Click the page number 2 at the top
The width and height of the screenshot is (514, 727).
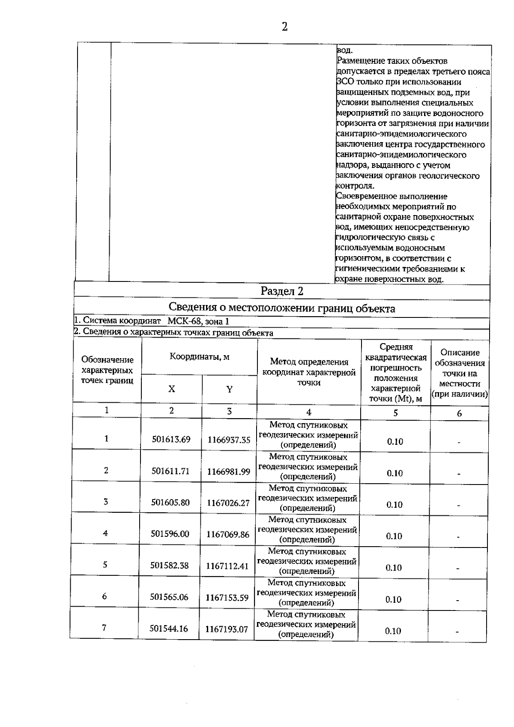tap(284, 27)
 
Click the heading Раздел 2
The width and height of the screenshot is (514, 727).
tap(282, 291)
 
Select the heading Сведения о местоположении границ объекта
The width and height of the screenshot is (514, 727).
tap(282, 308)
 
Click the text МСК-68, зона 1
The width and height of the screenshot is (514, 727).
tap(198, 321)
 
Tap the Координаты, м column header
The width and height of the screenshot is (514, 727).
tap(200, 357)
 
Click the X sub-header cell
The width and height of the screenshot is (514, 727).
tap(172, 389)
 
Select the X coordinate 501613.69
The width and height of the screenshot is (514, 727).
tap(171, 440)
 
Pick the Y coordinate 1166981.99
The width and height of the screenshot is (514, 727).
tap(229, 472)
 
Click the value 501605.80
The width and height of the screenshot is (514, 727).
tap(170, 503)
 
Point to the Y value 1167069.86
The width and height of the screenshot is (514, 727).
tap(228, 534)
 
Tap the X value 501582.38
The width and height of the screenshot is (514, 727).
tap(170, 565)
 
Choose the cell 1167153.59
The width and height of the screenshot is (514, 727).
tap(227, 598)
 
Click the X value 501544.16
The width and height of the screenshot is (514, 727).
tap(169, 628)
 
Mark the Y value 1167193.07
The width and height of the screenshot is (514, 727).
tap(227, 629)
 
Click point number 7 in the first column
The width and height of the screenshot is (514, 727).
tap(104, 628)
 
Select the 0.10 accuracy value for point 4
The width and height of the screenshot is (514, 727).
tap(394, 536)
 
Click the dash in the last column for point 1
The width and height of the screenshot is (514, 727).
tap(459, 443)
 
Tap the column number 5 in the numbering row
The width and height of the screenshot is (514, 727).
tap(395, 413)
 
